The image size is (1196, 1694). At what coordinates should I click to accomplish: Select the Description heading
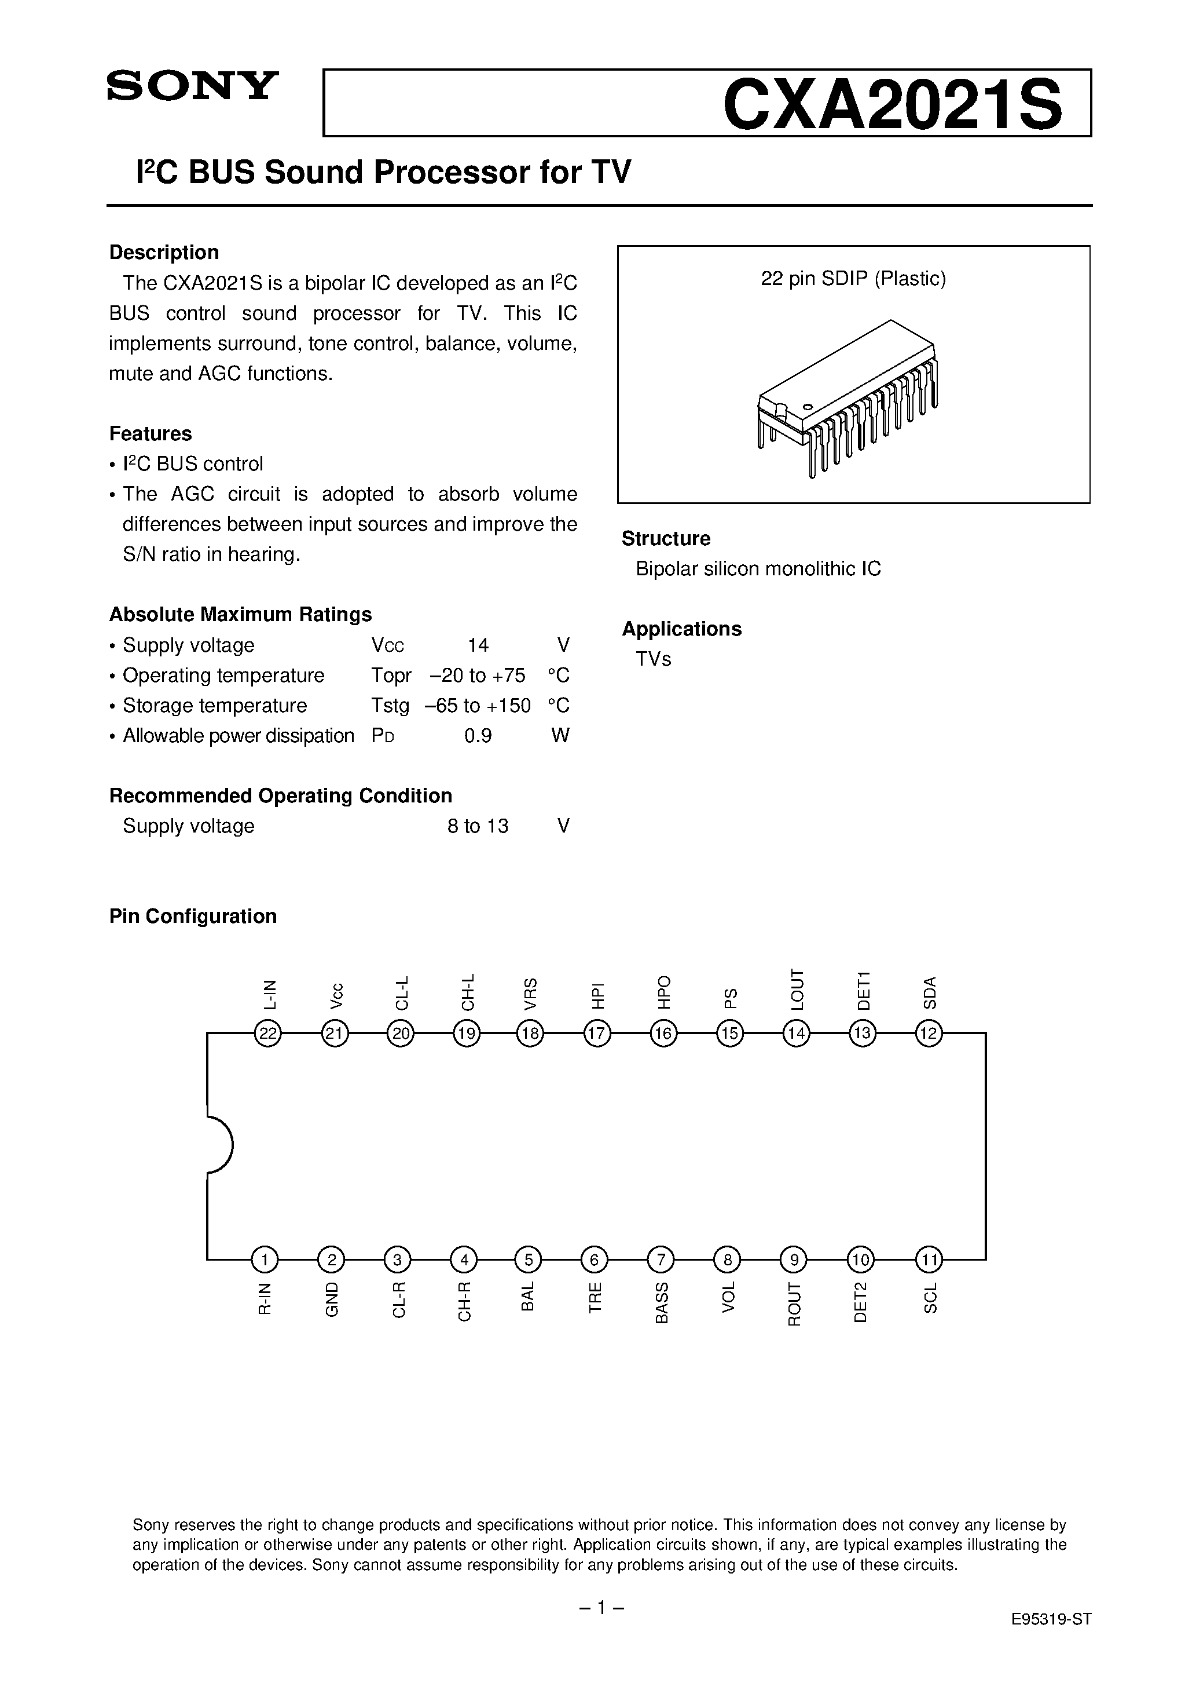coord(164,253)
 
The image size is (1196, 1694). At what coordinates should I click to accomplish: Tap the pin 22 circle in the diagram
coord(267,1034)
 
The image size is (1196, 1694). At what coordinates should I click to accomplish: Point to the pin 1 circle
coord(265,1259)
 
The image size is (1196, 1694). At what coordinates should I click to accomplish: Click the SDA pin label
coord(930,992)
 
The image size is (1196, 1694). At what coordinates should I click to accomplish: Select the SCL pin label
coord(930,1298)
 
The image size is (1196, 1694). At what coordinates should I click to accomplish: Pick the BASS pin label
coord(662,1302)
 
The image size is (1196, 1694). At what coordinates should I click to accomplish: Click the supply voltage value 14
coord(478,645)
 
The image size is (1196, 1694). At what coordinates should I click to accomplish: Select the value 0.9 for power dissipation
coord(478,736)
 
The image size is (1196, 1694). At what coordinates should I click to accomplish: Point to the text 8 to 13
coord(478,826)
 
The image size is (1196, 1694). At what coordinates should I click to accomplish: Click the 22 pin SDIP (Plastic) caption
coord(853,279)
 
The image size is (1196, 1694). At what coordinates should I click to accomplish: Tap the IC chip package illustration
coord(848,399)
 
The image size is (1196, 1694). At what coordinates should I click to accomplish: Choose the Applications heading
coord(681,629)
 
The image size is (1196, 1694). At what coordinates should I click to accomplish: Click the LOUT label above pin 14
coord(797,990)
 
